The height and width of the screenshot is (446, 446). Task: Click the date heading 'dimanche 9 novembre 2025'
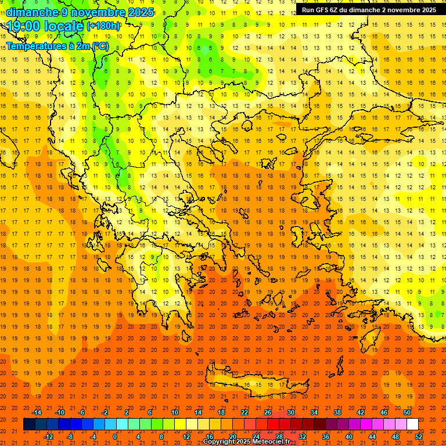click(80, 12)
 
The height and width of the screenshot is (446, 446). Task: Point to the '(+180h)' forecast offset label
click(103, 26)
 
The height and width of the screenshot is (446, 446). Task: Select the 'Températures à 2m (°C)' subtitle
click(57, 46)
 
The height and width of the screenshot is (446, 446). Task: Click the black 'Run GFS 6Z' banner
click(369, 10)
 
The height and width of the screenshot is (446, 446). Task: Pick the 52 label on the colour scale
click(418, 437)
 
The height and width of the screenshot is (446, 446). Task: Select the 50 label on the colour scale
click(407, 412)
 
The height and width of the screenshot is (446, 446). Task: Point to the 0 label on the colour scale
click(115, 437)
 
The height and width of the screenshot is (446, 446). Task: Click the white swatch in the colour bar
click(412, 425)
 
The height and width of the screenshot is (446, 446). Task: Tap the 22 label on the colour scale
click(244, 412)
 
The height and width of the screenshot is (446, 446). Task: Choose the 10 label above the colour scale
click(174, 412)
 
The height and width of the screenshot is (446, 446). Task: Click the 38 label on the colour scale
click(337, 412)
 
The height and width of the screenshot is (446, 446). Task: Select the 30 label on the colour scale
click(290, 412)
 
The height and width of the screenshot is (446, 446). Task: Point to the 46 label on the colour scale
click(383, 412)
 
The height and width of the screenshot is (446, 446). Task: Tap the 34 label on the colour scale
click(314, 412)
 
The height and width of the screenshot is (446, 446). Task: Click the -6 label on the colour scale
click(82, 412)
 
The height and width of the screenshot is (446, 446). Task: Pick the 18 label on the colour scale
click(221, 412)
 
